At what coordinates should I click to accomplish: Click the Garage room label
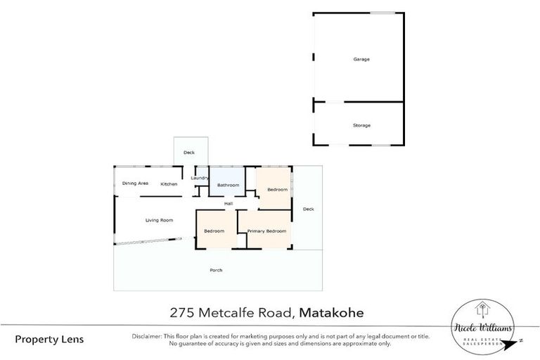(x=361, y=59)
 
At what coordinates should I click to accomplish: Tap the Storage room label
(x=361, y=125)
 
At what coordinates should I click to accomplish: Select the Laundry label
(x=200, y=178)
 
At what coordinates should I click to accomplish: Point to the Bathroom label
(x=228, y=185)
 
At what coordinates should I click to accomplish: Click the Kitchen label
(x=169, y=184)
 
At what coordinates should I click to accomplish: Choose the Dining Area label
(x=135, y=184)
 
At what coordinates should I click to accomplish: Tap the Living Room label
(x=159, y=220)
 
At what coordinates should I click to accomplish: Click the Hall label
(x=229, y=204)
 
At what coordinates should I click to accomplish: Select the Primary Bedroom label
(x=266, y=231)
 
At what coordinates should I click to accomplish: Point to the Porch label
(x=217, y=270)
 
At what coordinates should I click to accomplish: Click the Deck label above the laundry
(x=188, y=152)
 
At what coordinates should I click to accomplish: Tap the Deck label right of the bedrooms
(x=308, y=209)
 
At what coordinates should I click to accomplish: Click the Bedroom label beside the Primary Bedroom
(x=214, y=231)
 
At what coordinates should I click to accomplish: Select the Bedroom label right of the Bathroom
(x=277, y=189)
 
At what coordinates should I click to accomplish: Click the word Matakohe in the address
(x=335, y=312)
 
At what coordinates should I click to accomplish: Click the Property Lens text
(x=49, y=339)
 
